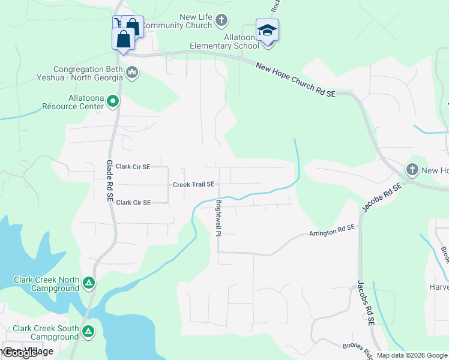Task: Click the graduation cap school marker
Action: pos(267,30)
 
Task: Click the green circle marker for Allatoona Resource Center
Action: pos(113,102)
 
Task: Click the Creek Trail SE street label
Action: pos(193,185)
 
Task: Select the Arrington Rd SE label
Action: pos(332,232)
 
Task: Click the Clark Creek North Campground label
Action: pos(46,284)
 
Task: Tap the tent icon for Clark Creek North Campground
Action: pos(89,283)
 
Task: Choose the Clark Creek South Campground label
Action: pos(46,332)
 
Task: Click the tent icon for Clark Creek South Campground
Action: pos(89,331)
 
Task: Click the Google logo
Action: pos(20,353)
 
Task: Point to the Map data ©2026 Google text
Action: pos(412,355)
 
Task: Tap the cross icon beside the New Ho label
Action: pos(412,170)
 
